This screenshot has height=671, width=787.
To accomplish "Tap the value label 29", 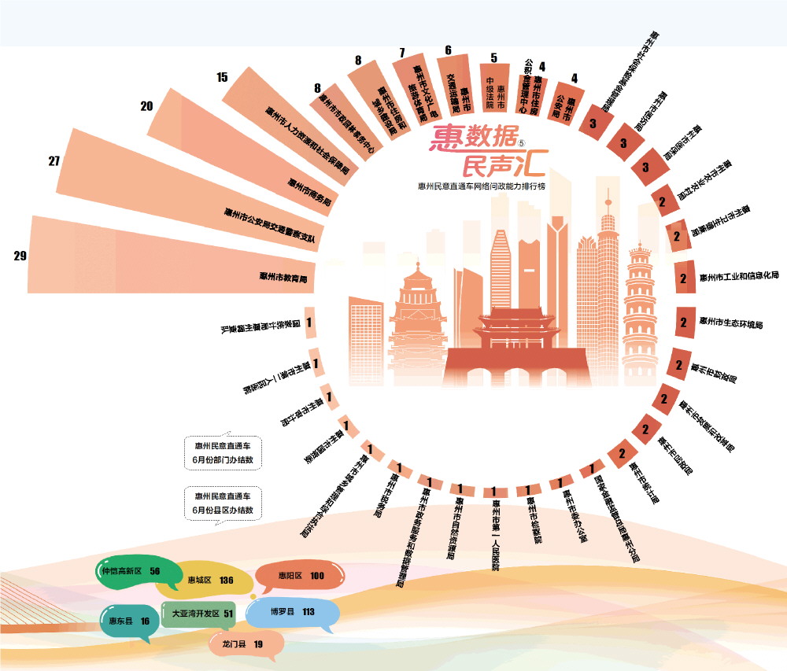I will [20, 256].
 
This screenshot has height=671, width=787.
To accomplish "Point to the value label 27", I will [54, 161].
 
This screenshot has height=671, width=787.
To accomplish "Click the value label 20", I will [147, 106].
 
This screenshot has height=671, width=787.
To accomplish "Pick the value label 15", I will [222, 77].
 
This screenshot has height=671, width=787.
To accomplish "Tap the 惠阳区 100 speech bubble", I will [301, 577].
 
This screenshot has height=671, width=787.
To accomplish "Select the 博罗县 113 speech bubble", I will [292, 612].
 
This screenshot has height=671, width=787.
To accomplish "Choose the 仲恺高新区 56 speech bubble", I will [130, 572].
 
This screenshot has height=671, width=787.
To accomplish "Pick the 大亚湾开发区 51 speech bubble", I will [197, 614].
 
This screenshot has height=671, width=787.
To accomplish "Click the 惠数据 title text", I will [473, 140].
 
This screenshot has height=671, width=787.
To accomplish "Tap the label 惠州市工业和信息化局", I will [739, 277].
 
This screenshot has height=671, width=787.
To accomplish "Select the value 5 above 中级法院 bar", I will [493, 57].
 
